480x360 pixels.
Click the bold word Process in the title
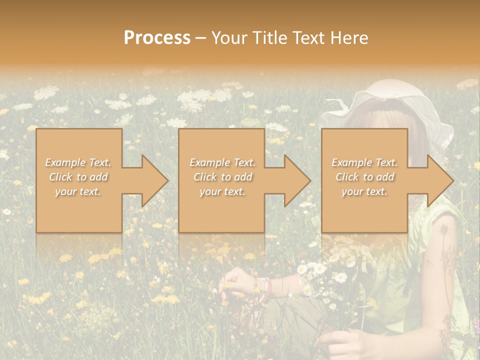[157, 38]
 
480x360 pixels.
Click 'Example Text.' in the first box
[78, 162]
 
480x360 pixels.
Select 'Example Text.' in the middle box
[222, 162]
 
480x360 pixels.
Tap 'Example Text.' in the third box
[364, 162]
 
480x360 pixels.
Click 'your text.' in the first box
[78, 191]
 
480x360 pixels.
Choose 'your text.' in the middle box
[222, 191]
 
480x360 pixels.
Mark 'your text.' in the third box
[364, 191]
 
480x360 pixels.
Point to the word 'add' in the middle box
[242, 177]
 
